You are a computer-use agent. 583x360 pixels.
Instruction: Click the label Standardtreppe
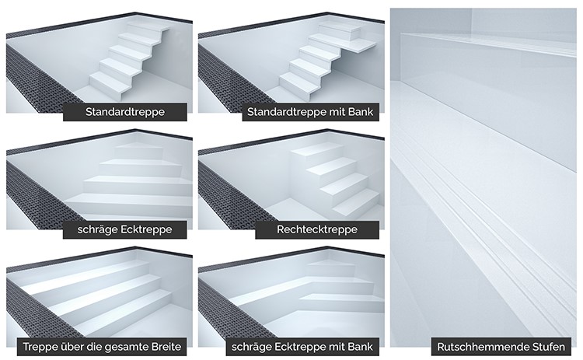click(x=125, y=112)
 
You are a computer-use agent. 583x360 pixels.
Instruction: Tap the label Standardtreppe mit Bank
click(x=310, y=112)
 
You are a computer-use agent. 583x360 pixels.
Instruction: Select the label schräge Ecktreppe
click(x=125, y=229)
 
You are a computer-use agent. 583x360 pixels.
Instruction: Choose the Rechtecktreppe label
click(x=317, y=229)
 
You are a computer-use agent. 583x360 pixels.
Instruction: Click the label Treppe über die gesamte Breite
click(x=102, y=347)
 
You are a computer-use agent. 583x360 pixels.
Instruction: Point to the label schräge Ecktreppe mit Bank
click(x=302, y=347)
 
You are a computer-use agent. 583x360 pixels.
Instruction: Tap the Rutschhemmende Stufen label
click(x=501, y=347)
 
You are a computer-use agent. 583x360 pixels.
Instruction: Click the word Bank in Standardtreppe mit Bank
click(x=361, y=112)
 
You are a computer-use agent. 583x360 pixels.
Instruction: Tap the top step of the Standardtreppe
click(x=148, y=26)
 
